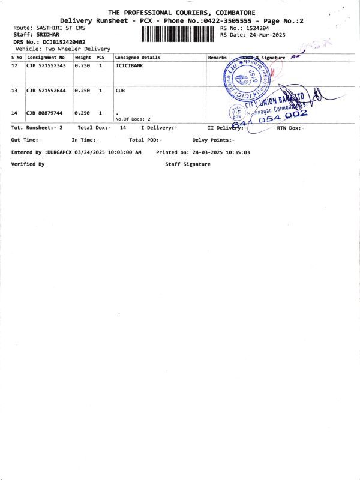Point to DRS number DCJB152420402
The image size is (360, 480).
(59, 42)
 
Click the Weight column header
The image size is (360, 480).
(83, 57)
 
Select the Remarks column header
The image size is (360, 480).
(216, 57)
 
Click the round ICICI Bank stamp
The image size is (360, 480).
(247, 79)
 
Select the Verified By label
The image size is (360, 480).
(28, 164)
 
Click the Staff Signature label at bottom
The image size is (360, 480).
(187, 164)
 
